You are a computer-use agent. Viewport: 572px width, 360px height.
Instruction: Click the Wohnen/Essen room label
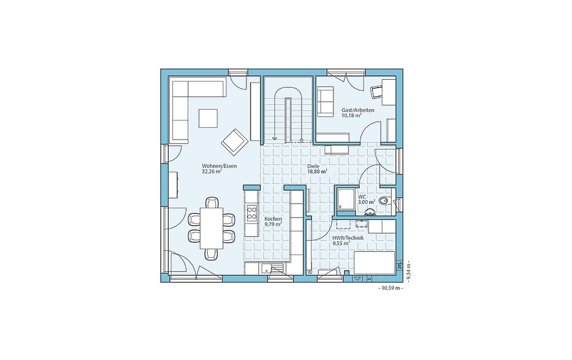click(x=219, y=166)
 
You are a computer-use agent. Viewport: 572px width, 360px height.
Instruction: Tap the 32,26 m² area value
click(x=212, y=171)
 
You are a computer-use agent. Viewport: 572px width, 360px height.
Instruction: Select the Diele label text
click(x=313, y=166)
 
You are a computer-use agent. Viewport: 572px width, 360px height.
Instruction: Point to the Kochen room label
click(x=273, y=219)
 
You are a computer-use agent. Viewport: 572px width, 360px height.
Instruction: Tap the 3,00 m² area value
click(x=366, y=201)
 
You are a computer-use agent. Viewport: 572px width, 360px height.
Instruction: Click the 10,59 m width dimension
click(x=390, y=288)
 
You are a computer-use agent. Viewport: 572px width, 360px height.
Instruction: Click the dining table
click(x=212, y=228)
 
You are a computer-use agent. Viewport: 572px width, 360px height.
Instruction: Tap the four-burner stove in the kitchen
click(x=252, y=213)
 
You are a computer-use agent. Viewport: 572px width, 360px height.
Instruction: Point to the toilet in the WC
click(x=384, y=201)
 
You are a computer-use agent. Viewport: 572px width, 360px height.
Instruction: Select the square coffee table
click(x=208, y=118)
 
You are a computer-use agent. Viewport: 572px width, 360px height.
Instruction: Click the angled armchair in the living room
click(x=235, y=142)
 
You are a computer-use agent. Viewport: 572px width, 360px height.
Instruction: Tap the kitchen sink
click(x=271, y=268)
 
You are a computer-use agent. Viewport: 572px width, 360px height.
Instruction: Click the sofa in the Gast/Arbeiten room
click(x=325, y=102)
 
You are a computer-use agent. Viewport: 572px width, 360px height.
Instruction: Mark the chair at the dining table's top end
click(x=212, y=202)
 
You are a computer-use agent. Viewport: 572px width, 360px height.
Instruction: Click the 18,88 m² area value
click(x=317, y=171)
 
